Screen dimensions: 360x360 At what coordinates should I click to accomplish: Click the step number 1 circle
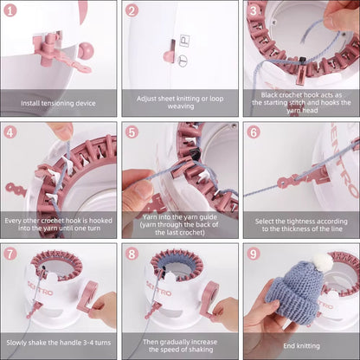point(10,10)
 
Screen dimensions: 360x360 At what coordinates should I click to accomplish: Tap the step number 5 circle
point(132,132)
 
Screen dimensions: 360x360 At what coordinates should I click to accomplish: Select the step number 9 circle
point(254,254)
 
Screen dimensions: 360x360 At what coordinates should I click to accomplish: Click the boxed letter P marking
point(184,41)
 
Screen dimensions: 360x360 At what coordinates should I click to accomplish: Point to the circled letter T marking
point(183,61)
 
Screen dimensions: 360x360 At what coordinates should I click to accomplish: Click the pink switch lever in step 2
point(170,53)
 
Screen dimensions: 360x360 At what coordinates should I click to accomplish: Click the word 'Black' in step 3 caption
point(269,95)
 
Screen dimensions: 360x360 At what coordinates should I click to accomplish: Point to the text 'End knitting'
point(301,345)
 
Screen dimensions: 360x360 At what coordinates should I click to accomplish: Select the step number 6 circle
point(254,132)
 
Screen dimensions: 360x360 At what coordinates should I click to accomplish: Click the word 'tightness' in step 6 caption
point(300,222)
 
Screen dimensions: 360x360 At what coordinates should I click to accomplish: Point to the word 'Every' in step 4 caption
point(13,221)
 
